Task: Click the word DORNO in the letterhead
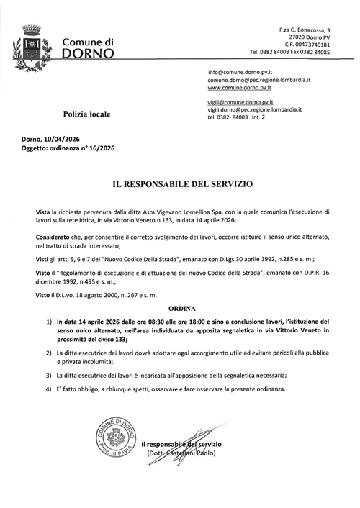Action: pyautogui.click(x=89, y=53)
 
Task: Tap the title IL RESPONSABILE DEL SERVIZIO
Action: pyautogui.click(x=181, y=184)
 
